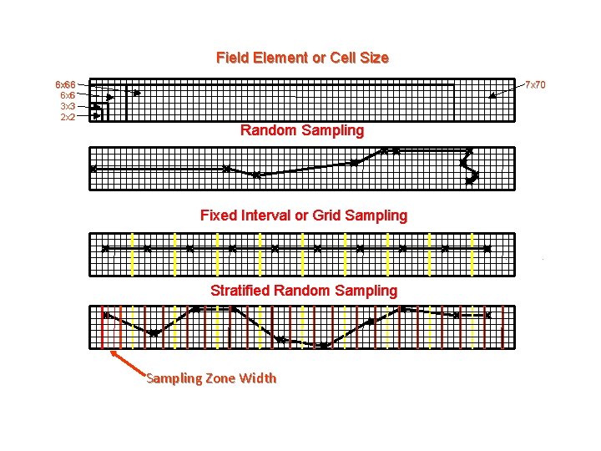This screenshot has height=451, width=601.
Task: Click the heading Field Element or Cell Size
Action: (302, 58)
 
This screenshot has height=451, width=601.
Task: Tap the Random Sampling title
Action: (302, 130)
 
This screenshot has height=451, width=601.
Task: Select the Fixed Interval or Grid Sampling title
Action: (304, 215)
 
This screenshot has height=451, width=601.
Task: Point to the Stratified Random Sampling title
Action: (304, 291)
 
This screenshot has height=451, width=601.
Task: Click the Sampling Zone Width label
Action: (211, 378)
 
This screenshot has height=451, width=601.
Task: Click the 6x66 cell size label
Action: (65, 85)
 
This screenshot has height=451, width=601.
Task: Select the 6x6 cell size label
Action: (68, 96)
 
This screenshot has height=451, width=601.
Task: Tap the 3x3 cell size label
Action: (68, 107)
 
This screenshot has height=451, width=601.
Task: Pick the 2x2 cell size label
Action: (68, 117)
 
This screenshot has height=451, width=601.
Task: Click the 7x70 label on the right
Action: (534, 85)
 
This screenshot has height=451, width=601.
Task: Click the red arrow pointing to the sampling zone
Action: (130, 364)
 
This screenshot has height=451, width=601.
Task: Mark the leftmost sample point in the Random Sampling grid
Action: (93, 169)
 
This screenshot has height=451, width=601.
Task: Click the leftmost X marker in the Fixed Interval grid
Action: (105, 249)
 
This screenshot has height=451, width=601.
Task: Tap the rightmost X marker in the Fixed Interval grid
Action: (487, 249)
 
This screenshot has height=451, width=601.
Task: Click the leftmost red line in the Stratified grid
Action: (102, 327)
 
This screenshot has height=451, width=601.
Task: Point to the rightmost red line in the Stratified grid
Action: (503, 327)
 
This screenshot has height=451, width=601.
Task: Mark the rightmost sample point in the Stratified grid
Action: (487, 315)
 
